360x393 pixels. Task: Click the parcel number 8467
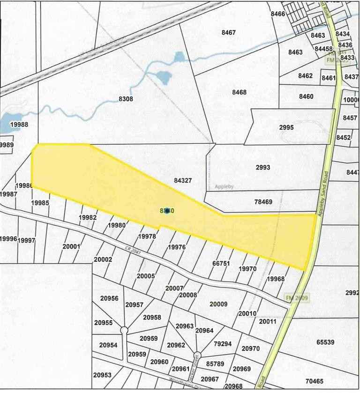click(228, 32)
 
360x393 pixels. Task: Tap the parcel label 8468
click(239, 92)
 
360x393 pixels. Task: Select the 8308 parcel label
click(126, 99)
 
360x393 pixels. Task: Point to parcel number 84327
click(183, 180)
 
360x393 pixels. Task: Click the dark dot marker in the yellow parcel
click(167, 211)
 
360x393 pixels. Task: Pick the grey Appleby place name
click(224, 186)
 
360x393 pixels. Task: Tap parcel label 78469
click(263, 202)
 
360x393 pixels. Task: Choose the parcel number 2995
click(286, 127)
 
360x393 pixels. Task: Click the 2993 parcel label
click(263, 167)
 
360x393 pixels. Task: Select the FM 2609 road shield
click(296, 298)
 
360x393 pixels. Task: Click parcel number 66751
click(221, 264)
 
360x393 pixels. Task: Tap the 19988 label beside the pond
click(19, 125)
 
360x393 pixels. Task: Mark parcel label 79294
click(223, 343)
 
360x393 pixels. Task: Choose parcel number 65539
click(325, 342)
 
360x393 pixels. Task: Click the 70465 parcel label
click(315, 381)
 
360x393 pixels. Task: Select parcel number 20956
click(109, 298)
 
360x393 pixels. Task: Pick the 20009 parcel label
click(218, 304)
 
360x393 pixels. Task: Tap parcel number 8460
click(306, 96)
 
